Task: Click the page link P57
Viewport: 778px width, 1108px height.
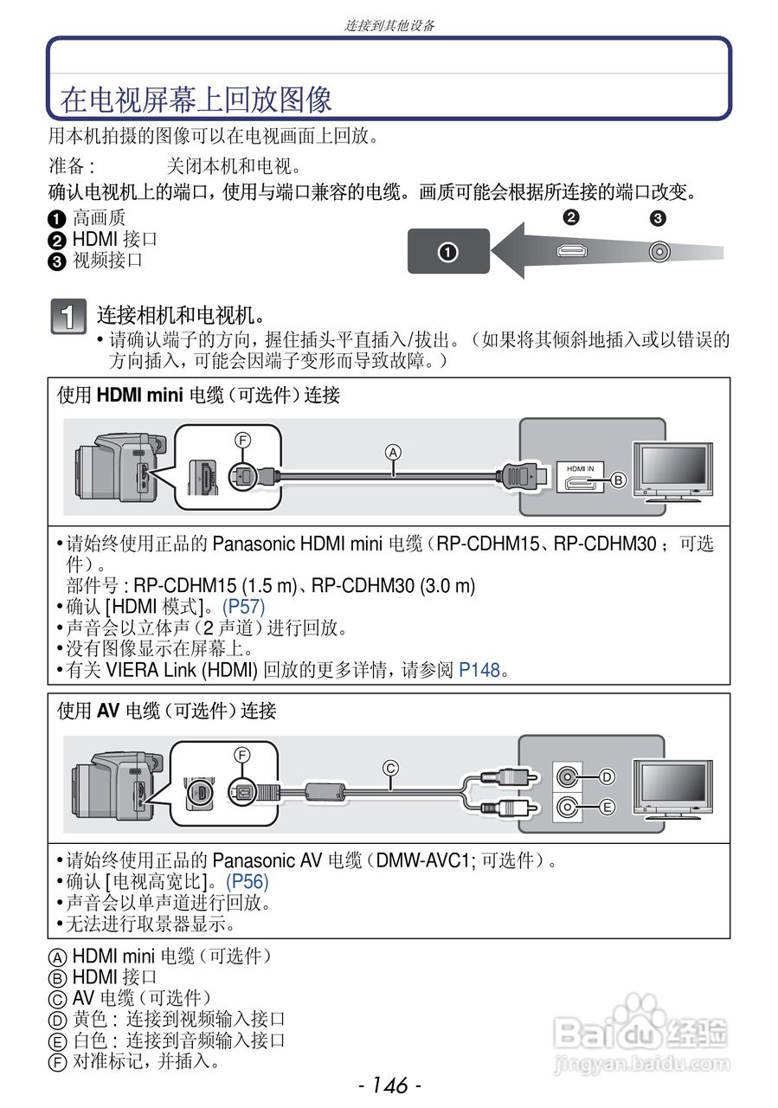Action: tap(243, 607)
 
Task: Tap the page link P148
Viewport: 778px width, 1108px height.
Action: tap(479, 669)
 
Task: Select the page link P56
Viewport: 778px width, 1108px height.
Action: tap(247, 881)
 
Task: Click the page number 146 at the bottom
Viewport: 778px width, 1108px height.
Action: tap(389, 1085)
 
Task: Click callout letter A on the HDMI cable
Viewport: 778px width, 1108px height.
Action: tap(393, 452)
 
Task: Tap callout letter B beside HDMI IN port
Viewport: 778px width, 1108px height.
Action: tap(618, 480)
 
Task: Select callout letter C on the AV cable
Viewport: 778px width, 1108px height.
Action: tap(391, 767)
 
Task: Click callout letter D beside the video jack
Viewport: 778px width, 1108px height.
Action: tap(607, 777)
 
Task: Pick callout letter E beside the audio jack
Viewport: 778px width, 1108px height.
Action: tap(607, 808)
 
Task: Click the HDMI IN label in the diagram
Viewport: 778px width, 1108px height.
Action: tap(580, 467)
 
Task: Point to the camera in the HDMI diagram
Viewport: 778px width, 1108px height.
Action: tap(117, 469)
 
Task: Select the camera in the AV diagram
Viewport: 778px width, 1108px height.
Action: tap(117, 786)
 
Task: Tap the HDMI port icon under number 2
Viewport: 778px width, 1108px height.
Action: tap(571, 252)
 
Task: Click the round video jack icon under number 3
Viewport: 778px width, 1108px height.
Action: tap(659, 252)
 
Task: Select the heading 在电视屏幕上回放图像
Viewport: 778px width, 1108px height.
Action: tap(196, 100)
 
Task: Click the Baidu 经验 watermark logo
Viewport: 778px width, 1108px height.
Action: tap(640, 1030)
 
